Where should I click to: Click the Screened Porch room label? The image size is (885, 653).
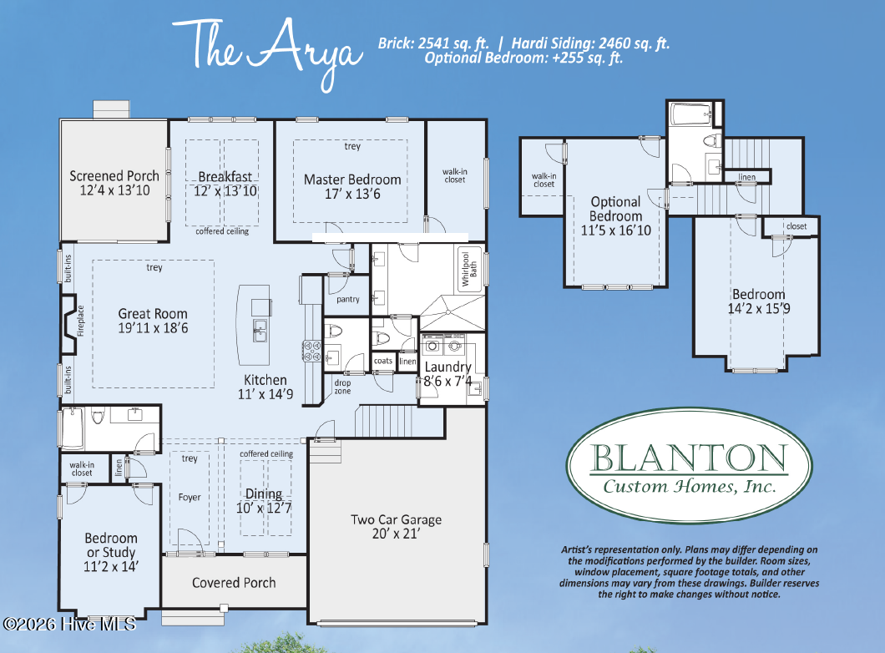click(x=114, y=176)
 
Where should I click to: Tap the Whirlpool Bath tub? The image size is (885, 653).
click(x=469, y=269)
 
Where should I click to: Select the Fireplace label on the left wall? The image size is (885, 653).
click(x=80, y=321)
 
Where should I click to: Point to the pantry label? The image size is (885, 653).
click(x=347, y=299)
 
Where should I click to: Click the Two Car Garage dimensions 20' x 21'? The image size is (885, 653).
click(x=396, y=534)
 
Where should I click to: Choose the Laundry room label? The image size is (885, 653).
click(x=448, y=367)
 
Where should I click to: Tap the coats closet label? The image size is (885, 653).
click(x=382, y=361)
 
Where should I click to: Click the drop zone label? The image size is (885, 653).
click(x=342, y=387)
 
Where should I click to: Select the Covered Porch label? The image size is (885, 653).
click(x=234, y=583)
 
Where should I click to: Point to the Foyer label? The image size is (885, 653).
click(x=189, y=497)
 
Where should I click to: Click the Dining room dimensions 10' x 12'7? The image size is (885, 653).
click(x=264, y=508)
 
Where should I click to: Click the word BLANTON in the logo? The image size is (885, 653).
click(x=689, y=457)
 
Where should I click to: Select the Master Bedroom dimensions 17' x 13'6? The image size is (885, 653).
click(x=352, y=195)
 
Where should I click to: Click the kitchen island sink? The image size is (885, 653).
click(x=260, y=331)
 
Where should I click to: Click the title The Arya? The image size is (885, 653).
click(x=267, y=51)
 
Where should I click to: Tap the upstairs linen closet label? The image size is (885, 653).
click(x=746, y=177)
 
